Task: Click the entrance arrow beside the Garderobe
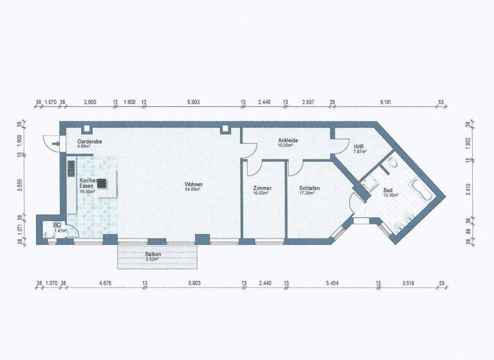pyautogui.click(x=56, y=144)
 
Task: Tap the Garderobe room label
pyautogui.click(x=89, y=141)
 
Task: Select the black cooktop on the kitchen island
pyautogui.click(x=101, y=182)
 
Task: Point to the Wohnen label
pyautogui.click(x=194, y=184)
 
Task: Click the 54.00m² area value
pyautogui.click(x=194, y=190)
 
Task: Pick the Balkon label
pyautogui.click(x=153, y=255)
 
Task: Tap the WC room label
pyautogui.click(x=57, y=225)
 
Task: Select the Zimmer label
pyautogui.click(x=263, y=188)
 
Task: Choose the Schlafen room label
pyautogui.click(x=309, y=188)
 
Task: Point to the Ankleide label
pyautogui.click(x=288, y=140)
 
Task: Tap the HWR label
pyautogui.click(x=358, y=147)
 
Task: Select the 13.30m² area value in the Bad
pyautogui.click(x=390, y=196)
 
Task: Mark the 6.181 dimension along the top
pyautogui.click(x=386, y=102)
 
